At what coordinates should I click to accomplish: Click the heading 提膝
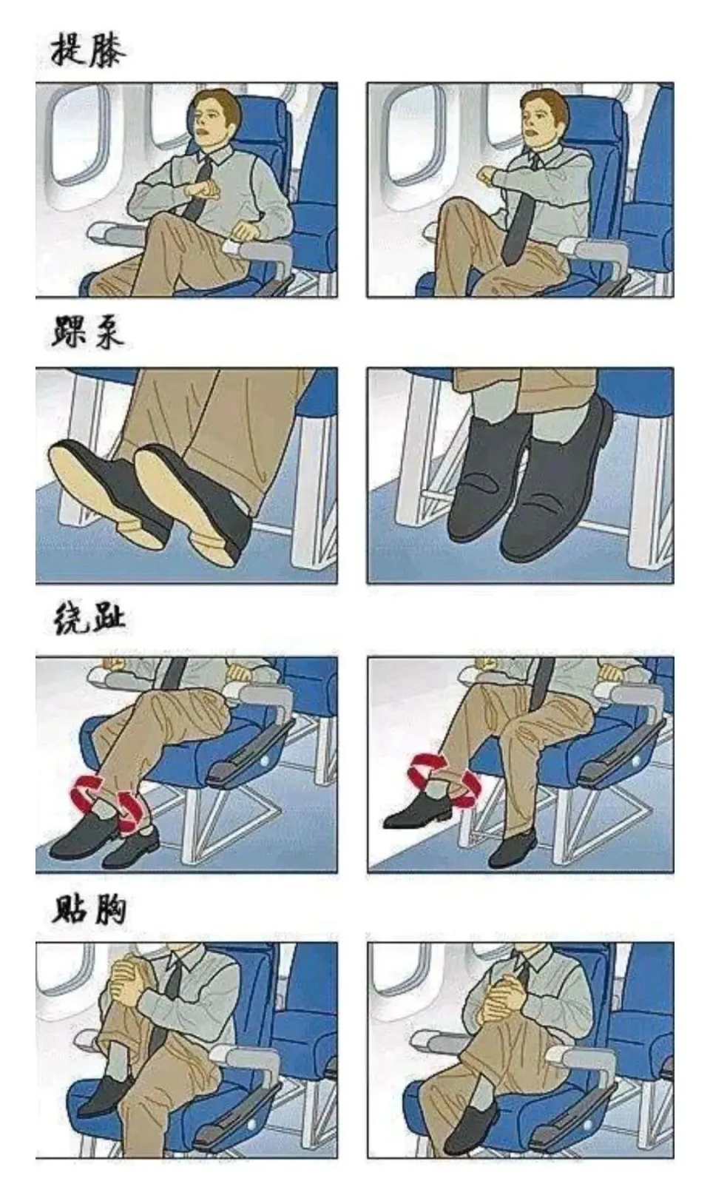(x=87, y=50)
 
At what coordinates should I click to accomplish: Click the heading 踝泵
(x=87, y=332)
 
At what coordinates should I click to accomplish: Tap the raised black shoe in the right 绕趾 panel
(x=418, y=813)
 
